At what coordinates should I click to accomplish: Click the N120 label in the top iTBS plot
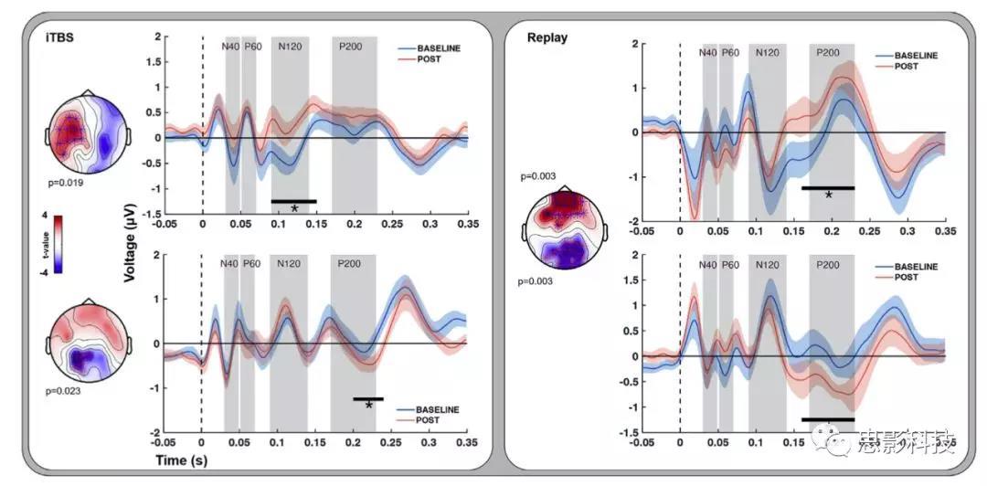click(x=290, y=47)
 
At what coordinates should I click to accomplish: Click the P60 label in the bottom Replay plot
click(x=730, y=266)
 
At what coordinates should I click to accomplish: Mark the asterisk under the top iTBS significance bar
click(x=294, y=209)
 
